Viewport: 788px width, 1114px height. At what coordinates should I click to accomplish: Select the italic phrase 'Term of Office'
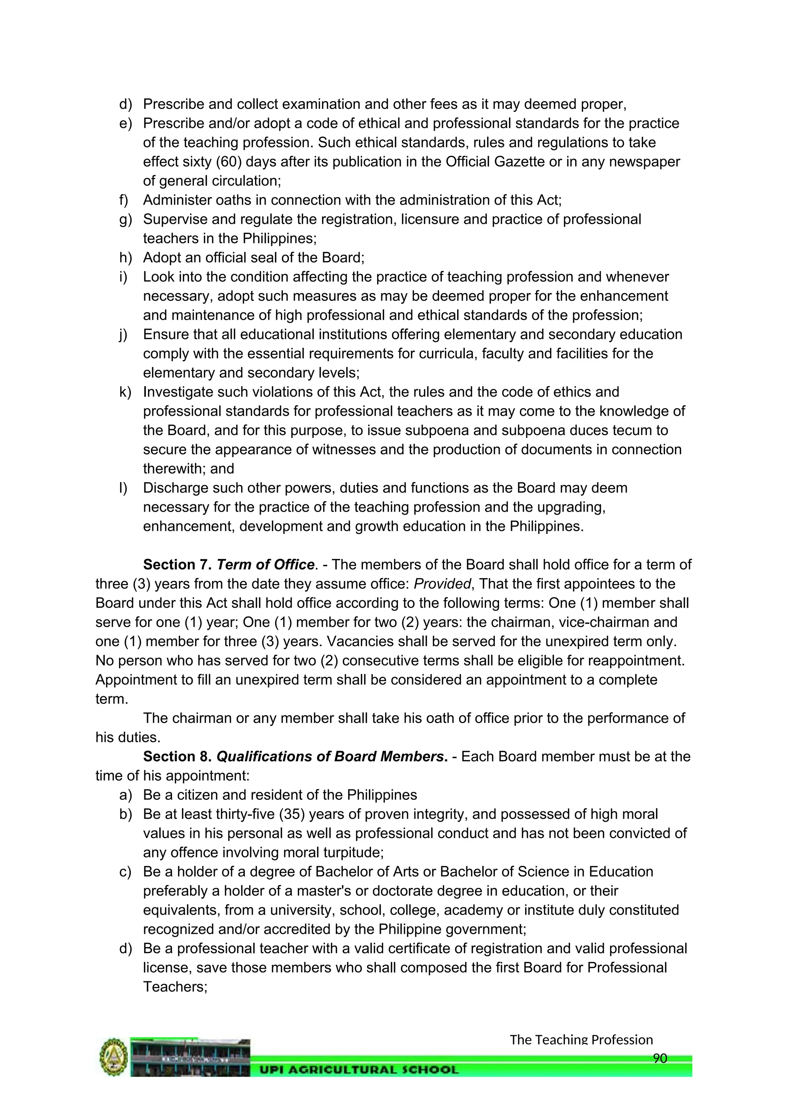[265, 565]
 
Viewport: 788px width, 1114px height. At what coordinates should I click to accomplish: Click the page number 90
[660, 1058]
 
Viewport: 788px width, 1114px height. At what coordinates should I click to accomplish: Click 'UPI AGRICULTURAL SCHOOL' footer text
[359, 1069]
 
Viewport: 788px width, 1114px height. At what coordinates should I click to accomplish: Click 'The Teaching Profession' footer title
[581, 1040]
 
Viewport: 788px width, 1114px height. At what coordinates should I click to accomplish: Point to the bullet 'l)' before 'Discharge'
[123, 488]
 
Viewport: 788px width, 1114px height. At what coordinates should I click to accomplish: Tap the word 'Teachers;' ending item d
[175, 987]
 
